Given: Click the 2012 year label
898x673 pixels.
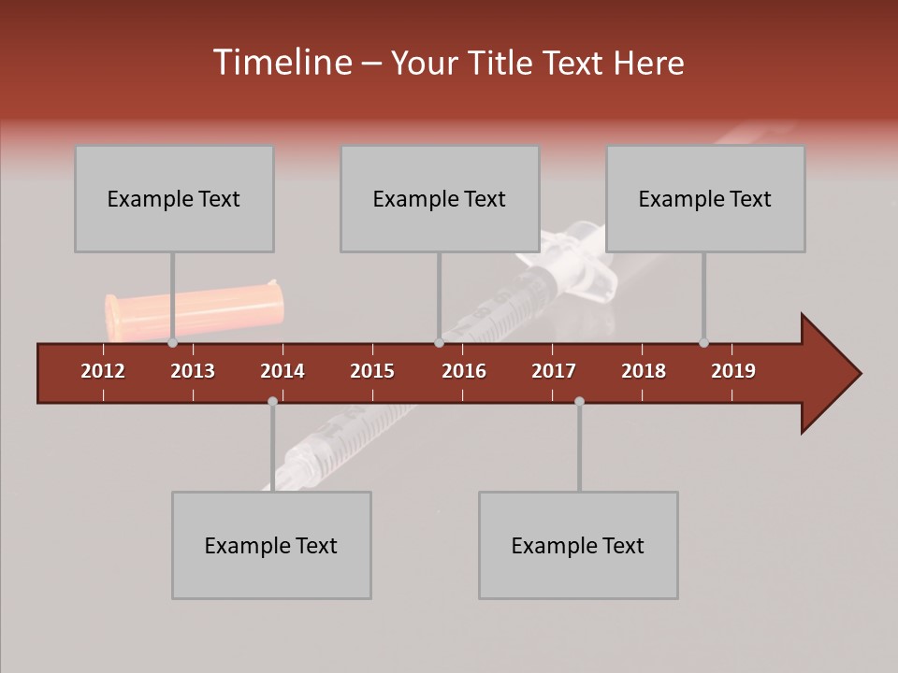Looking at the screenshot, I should click(x=103, y=371).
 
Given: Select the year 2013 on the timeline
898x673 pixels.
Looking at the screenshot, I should click(x=193, y=371).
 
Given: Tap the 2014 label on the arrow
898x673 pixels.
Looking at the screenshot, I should click(x=282, y=371).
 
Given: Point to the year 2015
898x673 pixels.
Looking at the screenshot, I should click(x=372, y=371).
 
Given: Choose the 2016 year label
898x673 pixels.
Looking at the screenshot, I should click(x=464, y=371).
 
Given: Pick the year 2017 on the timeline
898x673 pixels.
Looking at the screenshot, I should click(x=554, y=371).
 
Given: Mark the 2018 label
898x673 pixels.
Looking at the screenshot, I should click(x=644, y=371).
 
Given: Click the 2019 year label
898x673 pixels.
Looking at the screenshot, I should click(x=733, y=371).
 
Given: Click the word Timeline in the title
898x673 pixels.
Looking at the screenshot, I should click(x=281, y=63).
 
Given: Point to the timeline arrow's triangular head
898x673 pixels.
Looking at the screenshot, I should click(x=829, y=374).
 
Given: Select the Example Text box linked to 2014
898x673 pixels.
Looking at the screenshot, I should click(x=271, y=545).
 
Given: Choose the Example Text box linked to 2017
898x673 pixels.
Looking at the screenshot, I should click(x=578, y=545).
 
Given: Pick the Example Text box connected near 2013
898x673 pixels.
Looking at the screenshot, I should click(x=174, y=198).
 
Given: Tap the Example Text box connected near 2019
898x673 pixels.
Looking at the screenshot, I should click(x=705, y=198).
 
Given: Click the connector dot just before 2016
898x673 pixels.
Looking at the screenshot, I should click(x=440, y=343).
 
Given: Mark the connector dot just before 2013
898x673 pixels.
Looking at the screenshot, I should click(x=173, y=343).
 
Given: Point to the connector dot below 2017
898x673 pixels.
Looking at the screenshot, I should click(x=579, y=401).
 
